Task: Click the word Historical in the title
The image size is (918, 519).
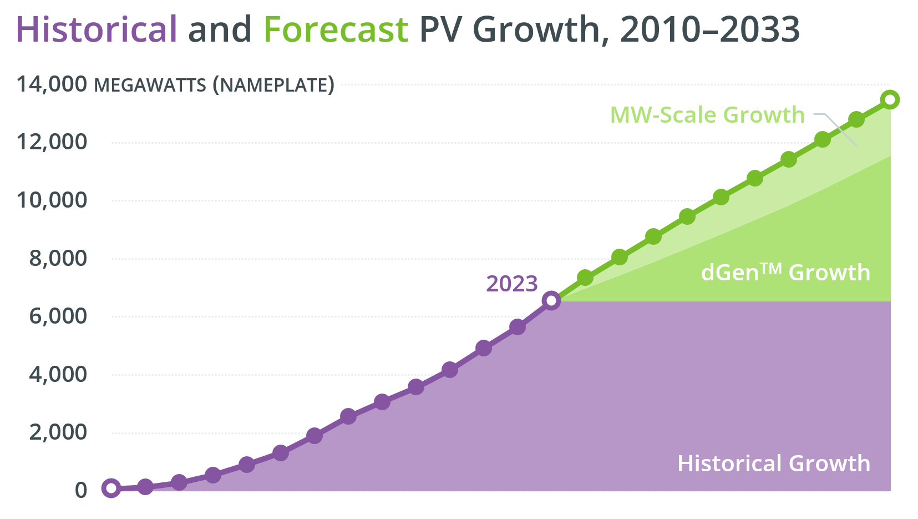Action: point(97,29)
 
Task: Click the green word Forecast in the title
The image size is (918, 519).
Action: point(336,29)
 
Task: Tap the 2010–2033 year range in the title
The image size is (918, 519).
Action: point(709,29)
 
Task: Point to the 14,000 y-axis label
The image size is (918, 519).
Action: point(52,84)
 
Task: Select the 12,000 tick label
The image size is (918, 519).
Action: point(52,142)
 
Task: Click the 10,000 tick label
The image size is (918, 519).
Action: point(52,200)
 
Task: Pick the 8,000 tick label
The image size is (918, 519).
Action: point(58,258)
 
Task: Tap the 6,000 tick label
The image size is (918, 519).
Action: point(58,316)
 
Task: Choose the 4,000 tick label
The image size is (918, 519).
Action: point(58,375)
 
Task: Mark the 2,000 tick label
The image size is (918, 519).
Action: point(58,432)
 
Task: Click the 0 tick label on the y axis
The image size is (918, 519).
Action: point(81,491)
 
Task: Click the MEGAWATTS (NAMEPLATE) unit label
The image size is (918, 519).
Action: point(214,85)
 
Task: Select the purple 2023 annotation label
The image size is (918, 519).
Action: point(511,284)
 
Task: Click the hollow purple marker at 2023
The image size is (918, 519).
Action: point(551,301)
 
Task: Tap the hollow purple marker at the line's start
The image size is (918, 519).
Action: point(111,488)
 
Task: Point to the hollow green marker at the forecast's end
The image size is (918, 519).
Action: point(890,100)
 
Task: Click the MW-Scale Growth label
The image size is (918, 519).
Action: point(707,115)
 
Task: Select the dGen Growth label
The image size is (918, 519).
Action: point(785,273)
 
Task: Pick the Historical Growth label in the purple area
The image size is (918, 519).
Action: point(773,463)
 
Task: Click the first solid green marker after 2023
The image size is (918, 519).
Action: point(585,278)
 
